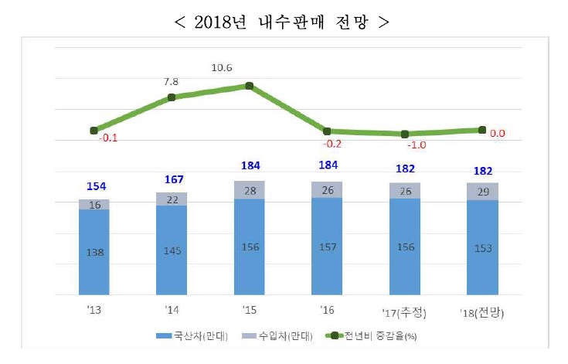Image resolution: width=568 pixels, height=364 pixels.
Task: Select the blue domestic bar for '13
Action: pyautogui.click(x=94, y=252)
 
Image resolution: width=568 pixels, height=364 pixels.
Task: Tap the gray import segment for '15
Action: pyautogui.click(x=249, y=190)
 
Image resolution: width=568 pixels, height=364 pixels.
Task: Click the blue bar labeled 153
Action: pyautogui.click(x=482, y=248)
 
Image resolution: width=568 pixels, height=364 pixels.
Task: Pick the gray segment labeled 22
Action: pyautogui.click(x=172, y=199)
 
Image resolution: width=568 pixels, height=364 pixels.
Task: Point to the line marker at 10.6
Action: pyautogui.click(x=249, y=86)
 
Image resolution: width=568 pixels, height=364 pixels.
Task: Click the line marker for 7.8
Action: pyautogui.click(x=172, y=97)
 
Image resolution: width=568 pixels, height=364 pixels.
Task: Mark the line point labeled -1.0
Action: pyautogui.click(x=404, y=134)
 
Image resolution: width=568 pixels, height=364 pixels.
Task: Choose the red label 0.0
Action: pyautogui.click(x=498, y=133)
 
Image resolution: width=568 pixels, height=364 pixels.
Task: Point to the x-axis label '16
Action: pyautogui.click(x=327, y=310)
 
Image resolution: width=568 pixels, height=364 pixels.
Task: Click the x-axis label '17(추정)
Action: pyautogui.click(x=404, y=311)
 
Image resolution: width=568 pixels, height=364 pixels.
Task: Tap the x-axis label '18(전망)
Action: pyautogui.click(x=482, y=311)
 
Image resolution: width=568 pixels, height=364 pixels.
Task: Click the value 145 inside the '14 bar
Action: pyautogui.click(x=172, y=251)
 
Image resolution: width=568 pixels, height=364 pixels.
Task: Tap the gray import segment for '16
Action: pyautogui.click(x=327, y=190)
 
